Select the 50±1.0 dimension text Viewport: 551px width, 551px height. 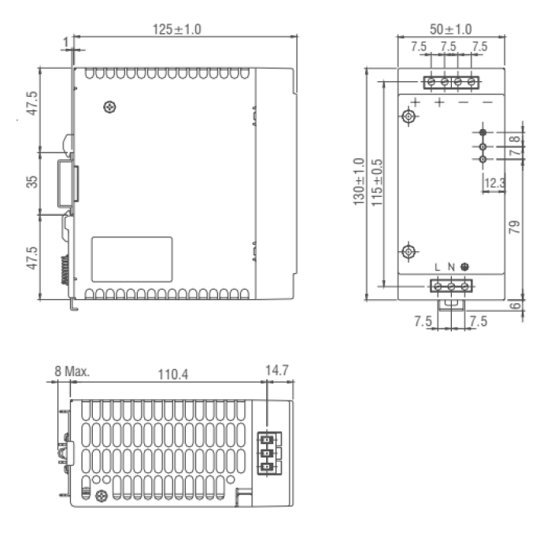point(452,28)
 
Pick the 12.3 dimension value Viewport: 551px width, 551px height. point(494,183)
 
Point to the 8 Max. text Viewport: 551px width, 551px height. point(72,371)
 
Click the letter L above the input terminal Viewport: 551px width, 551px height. point(438,267)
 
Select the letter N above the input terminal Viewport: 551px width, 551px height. point(451,267)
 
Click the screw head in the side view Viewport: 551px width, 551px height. point(109,107)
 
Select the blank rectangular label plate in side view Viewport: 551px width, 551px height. point(132,257)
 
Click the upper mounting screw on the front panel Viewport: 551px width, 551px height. point(408,116)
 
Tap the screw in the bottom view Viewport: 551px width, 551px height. point(101,496)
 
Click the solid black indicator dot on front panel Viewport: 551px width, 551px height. point(483,133)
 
